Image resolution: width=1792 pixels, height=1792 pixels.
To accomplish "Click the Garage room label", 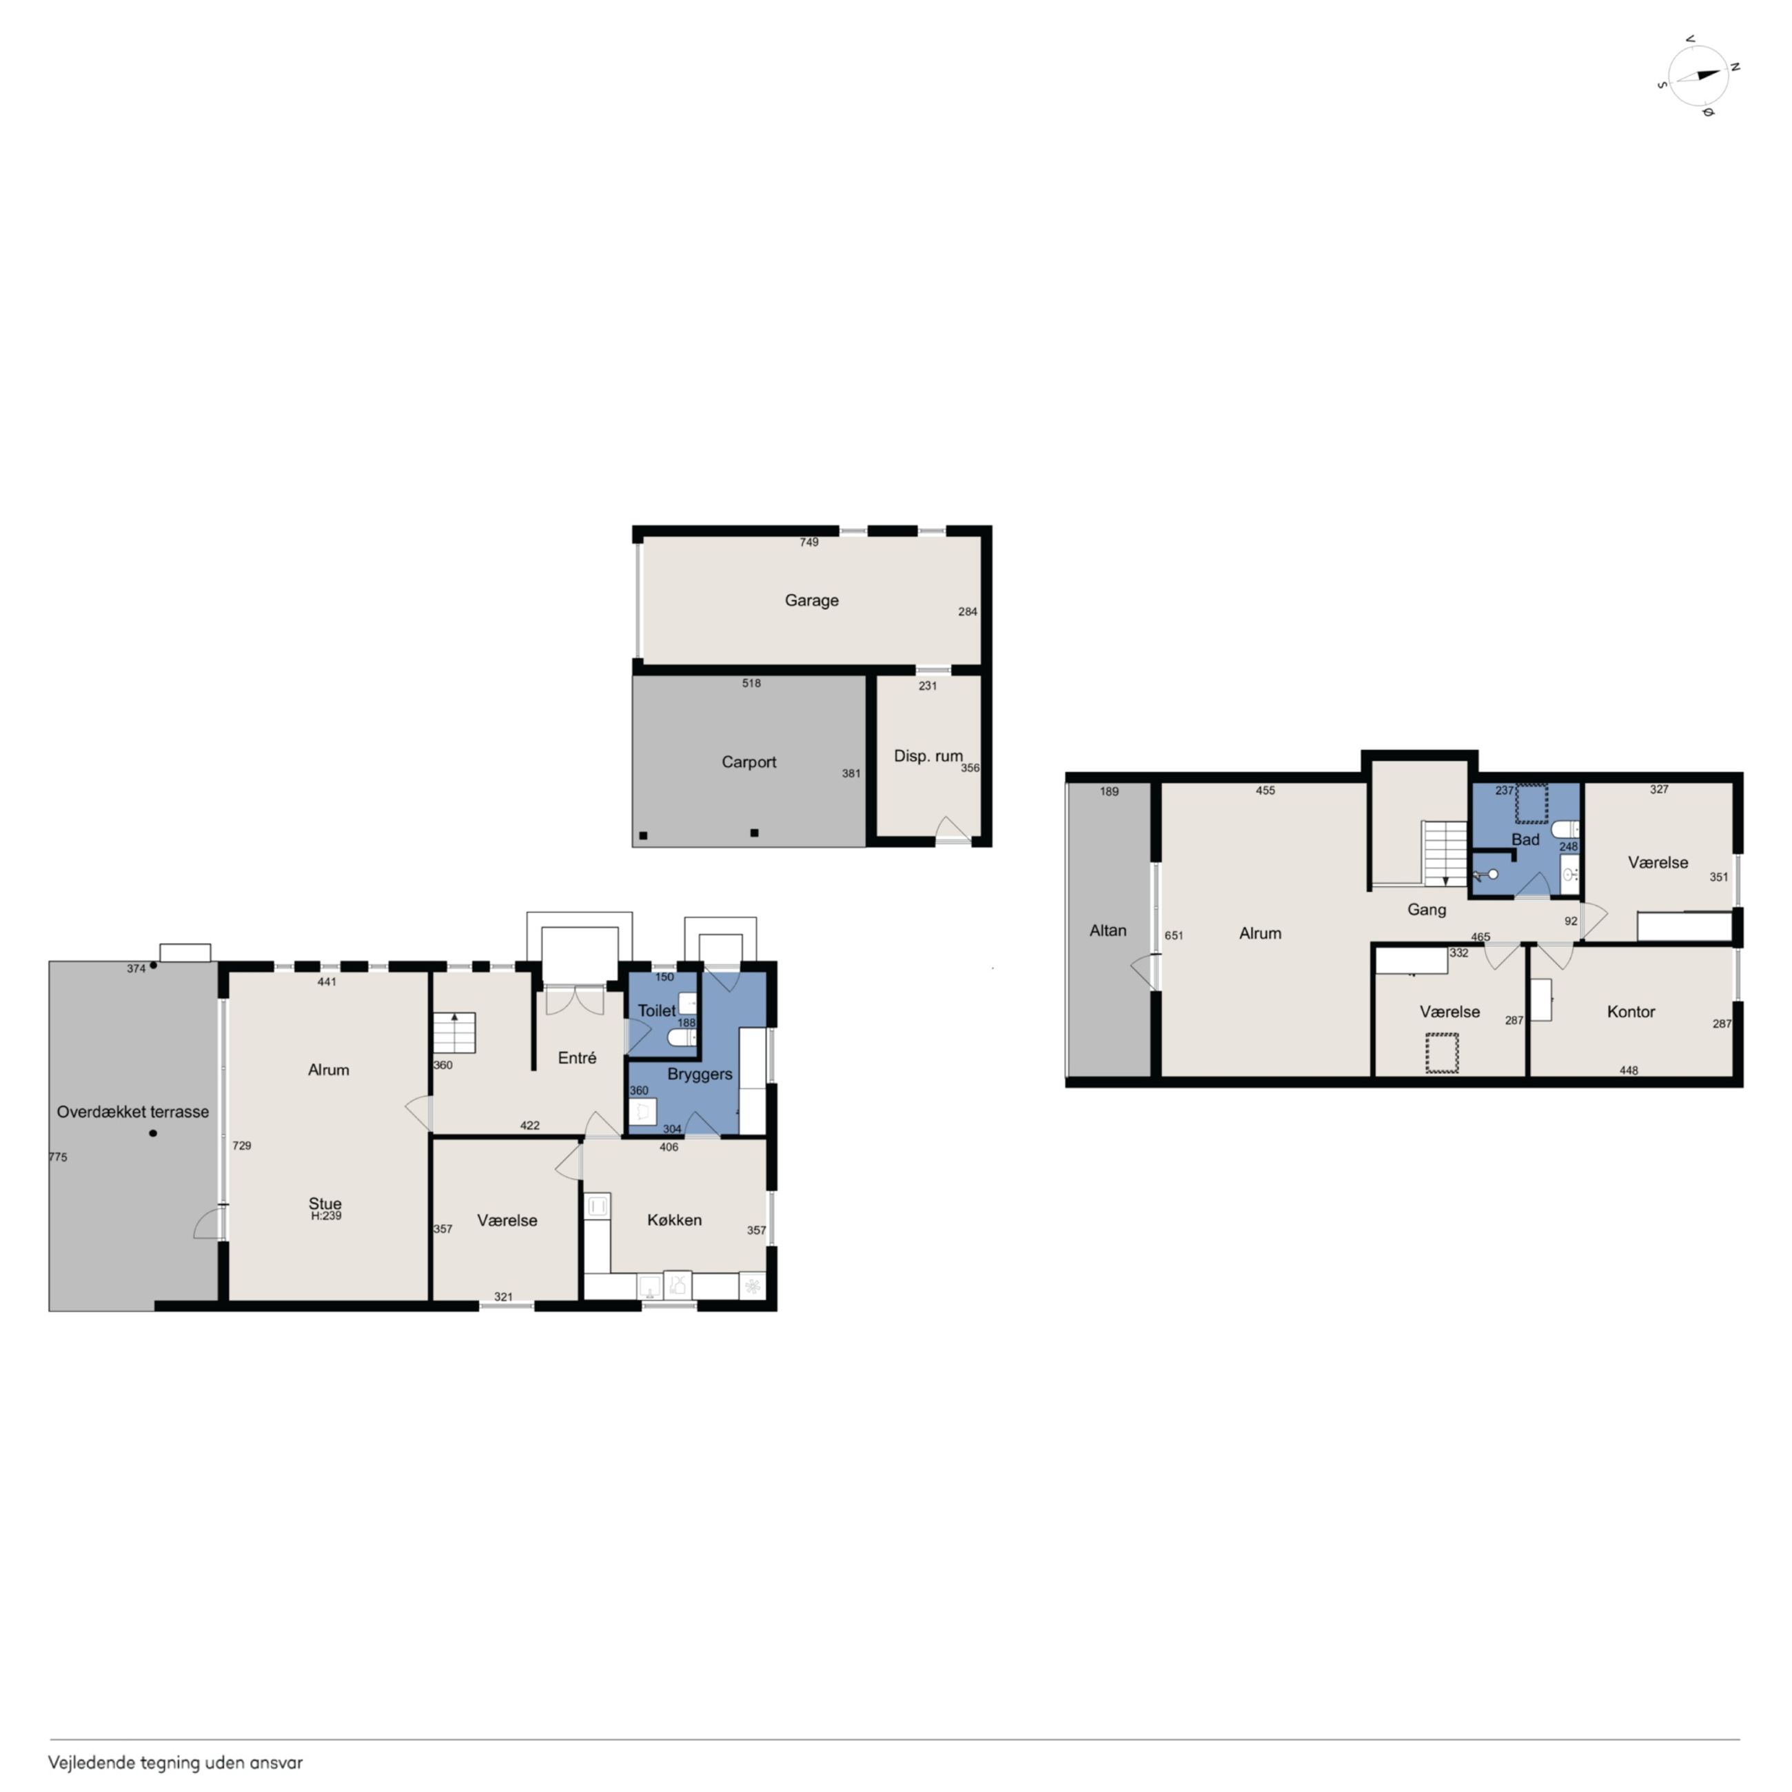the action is click(x=812, y=600).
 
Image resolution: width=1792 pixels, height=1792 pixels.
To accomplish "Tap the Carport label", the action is click(x=749, y=762).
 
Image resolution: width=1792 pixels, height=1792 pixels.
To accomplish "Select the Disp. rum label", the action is click(x=928, y=756).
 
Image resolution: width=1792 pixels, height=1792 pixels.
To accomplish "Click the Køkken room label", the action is click(x=674, y=1220).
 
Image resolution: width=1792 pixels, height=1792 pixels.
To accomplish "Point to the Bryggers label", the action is click(x=700, y=1074).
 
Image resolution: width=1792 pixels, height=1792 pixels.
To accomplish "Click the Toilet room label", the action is click(x=657, y=1011).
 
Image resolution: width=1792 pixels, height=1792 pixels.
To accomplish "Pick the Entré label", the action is click(x=577, y=1057).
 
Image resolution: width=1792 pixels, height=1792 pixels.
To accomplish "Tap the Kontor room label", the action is click(x=1631, y=1012).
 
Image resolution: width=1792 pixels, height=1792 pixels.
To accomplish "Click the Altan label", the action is click(x=1108, y=930).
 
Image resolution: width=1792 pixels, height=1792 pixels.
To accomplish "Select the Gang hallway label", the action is click(x=1427, y=910).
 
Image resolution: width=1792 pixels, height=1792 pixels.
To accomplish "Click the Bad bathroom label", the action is click(x=1525, y=839).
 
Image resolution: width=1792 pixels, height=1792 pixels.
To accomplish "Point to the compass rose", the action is click(x=1698, y=76).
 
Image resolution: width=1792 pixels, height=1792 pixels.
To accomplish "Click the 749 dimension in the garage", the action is click(x=808, y=542).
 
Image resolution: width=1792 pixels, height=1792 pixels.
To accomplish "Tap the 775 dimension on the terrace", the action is click(x=57, y=1157).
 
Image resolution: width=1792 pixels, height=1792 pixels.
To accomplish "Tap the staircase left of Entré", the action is click(x=454, y=1033).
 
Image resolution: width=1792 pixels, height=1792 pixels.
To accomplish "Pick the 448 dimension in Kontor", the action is click(x=1628, y=1070).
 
